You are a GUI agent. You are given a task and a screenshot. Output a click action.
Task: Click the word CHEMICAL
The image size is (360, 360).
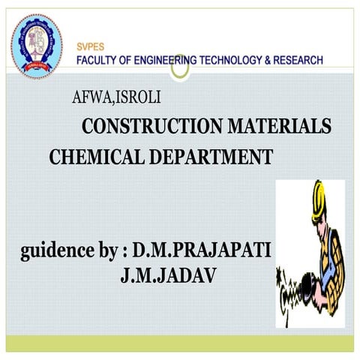click(x=92, y=157)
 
